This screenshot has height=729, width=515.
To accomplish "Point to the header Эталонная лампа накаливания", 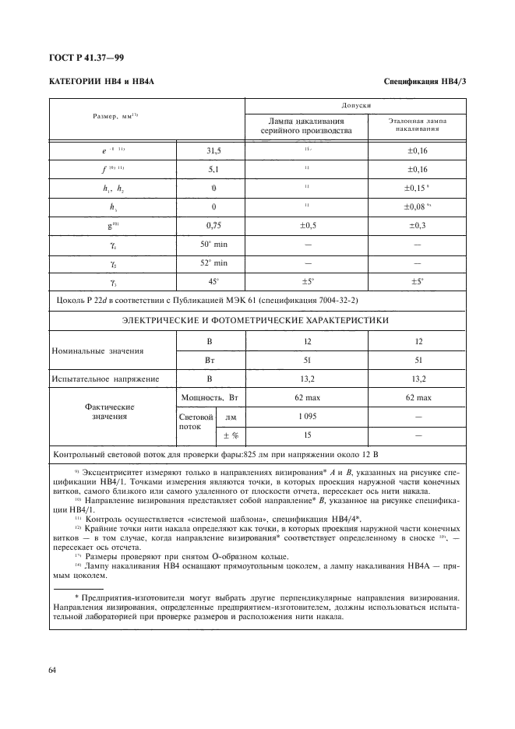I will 417,126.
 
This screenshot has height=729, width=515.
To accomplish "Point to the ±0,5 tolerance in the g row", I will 307,224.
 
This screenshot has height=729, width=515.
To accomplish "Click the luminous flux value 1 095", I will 307,417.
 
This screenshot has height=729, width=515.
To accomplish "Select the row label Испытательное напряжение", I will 105,379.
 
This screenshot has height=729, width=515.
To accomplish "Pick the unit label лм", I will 231,417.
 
